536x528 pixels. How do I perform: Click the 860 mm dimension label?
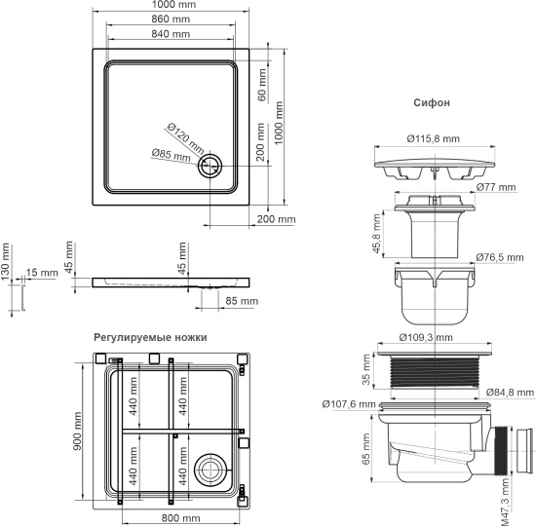(x=171, y=19)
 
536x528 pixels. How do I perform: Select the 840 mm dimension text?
(x=171, y=35)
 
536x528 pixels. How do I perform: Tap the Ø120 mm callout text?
(x=185, y=137)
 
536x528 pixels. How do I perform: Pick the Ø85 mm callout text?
(x=172, y=154)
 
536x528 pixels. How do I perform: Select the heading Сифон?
(x=431, y=101)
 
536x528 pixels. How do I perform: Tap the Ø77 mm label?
(x=495, y=185)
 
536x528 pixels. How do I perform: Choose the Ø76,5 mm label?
(x=504, y=257)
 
